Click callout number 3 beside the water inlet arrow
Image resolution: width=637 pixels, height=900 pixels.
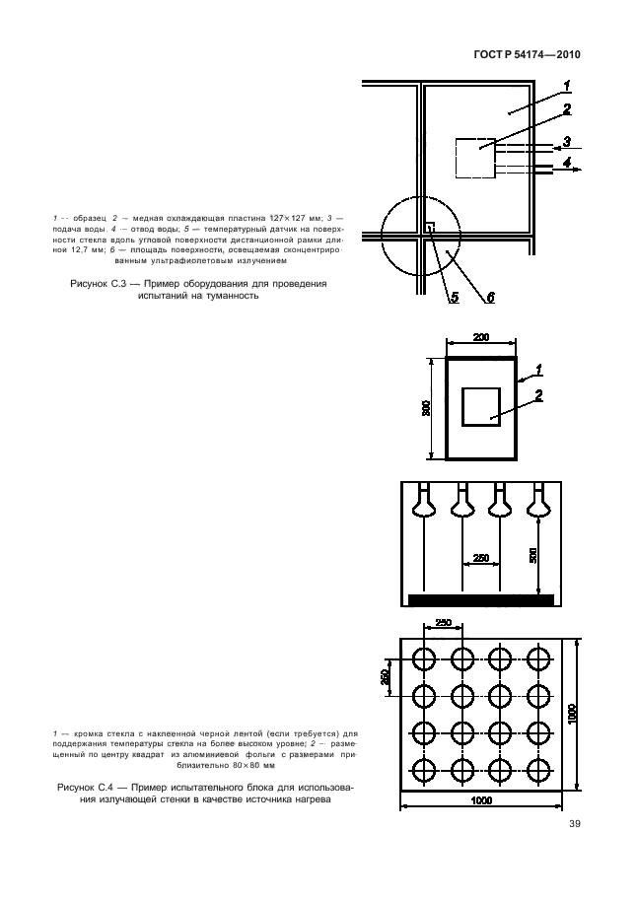[x=567, y=141]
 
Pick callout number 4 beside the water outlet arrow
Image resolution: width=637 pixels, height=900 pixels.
[x=567, y=161]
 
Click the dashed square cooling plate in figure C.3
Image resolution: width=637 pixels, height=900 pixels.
[x=475, y=157]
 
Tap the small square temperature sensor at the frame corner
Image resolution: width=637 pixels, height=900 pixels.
[x=429, y=228]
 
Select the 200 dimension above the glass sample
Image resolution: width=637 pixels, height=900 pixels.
[x=481, y=338]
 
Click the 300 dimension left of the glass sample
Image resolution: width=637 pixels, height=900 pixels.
[x=427, y=408]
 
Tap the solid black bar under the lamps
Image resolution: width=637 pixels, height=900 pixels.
[x=479, y=598]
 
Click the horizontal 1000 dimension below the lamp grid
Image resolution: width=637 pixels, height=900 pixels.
[x=481, y=799]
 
